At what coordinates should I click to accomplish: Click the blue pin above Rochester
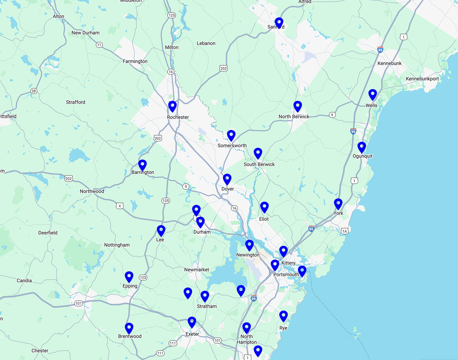pos(172,106)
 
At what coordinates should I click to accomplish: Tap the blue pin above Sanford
pos(279,22)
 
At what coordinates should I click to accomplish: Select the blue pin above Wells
pos(372,94)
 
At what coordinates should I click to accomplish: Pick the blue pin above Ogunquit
pos(362,147)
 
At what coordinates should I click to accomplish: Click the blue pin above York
pos(338,204)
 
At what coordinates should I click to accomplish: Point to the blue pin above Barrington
pos(142,165)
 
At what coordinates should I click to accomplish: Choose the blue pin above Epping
pos(129,277)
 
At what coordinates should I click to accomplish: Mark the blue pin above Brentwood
pos(129,328)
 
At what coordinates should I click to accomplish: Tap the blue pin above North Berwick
pos(297,106)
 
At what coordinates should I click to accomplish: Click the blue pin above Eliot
pos(264,207)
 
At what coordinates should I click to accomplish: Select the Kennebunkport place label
pos(422,79)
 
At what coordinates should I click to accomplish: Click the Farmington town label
pos(135,62)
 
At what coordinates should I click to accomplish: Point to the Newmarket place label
pos(197,270)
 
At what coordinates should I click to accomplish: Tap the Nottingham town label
pos(117,245)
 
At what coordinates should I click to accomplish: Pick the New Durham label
pos(85,33)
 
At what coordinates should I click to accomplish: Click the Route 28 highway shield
pos(34,91)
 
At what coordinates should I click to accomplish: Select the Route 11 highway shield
pos(99,45)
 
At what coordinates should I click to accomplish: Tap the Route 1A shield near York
pos(345,231)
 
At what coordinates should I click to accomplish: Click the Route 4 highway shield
pos(120,206)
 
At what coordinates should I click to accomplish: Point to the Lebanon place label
pos(206,43)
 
